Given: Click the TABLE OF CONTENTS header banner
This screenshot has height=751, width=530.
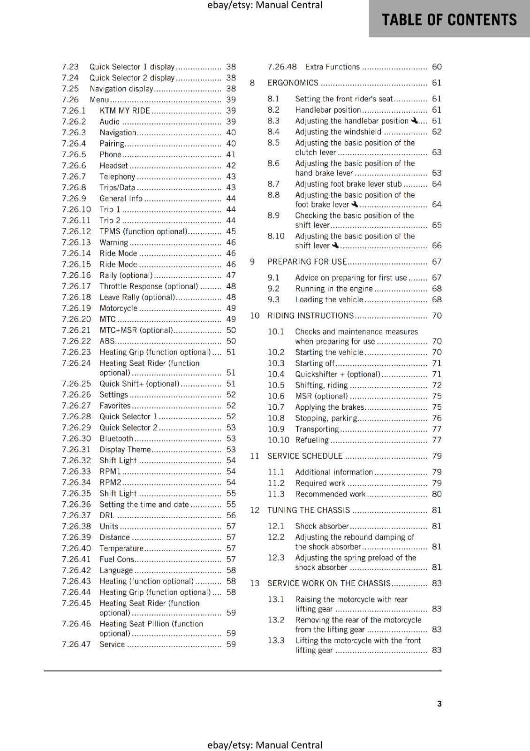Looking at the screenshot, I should (x=449, y=20).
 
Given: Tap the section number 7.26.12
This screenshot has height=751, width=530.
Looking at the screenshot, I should (x=76, y=231).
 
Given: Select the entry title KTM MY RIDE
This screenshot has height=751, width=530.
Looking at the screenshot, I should (x=125, y=111).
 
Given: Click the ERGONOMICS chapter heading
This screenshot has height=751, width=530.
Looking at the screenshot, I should (x=293, y=83).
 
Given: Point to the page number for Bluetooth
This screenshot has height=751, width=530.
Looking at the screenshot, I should (x=231, y=438).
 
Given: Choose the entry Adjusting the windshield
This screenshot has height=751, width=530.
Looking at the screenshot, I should (x=338, y=132).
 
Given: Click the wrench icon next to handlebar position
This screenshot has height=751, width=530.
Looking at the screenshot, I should (x=414, y=121).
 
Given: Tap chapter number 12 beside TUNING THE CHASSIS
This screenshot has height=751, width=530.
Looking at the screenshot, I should (x=255, y=510).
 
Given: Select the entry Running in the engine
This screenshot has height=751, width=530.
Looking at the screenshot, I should (x=333, y=289).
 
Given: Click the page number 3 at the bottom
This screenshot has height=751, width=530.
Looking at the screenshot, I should (x=439, y=704).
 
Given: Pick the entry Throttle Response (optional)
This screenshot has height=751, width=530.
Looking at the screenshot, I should (x=149, y=286).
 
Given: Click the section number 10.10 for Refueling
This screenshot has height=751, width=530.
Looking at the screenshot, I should (x=278, y=440).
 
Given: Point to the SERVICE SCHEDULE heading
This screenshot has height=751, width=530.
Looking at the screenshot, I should (x=305, y=456).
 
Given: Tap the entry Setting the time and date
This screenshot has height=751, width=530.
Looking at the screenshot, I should (x=144, y=505).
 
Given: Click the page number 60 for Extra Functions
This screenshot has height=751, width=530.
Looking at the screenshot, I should (x=437, y=67).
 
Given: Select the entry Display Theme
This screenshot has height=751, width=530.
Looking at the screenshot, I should (x=125, y=450).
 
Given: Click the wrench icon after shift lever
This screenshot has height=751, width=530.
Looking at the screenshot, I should (x=335, y=245).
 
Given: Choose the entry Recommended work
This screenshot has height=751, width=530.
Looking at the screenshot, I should (x=330, y=494).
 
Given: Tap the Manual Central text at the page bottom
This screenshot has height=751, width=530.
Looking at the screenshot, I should (x=265, y=745).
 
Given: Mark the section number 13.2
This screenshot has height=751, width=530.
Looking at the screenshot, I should (x=276, y=620).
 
